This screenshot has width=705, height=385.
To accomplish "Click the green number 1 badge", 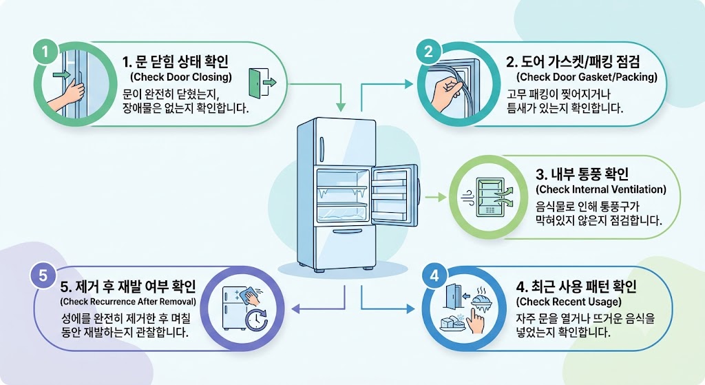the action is (45, 52).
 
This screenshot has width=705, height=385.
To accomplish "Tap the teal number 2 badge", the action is (428, 51).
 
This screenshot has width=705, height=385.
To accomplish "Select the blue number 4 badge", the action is (435, 275).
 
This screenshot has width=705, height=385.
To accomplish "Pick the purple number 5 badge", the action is (43, 275).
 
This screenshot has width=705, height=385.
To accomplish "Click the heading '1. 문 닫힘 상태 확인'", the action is (176, 61).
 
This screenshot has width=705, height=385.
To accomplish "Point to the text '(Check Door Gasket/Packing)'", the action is (587, 77).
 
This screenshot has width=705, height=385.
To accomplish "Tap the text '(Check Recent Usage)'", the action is (569, 302).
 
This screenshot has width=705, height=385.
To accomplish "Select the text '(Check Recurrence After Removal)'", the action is (128, 302).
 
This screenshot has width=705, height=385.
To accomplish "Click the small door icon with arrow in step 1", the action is (262, 83).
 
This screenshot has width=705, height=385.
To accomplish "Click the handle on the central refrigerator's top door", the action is (322, 149).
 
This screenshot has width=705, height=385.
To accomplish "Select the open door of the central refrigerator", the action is (394, 195).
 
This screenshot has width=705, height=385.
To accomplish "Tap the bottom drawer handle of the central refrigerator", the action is (347, 231).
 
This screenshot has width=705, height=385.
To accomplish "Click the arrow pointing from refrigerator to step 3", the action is (435, 197).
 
